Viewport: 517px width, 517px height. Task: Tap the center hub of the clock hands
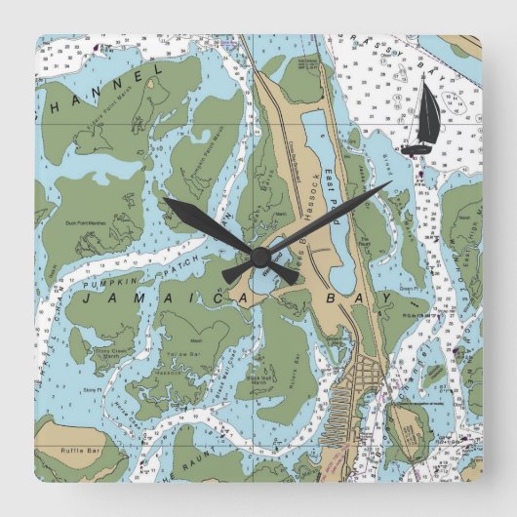(258, 256)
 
